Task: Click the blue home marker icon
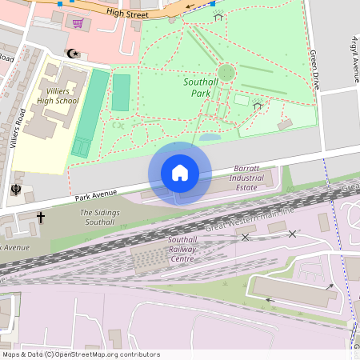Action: tap(180, 173)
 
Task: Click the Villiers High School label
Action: tap(57, 95)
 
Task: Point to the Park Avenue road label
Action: tap(97, 193)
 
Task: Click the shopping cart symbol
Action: tap(78, 23)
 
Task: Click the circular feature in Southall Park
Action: tap(226, 73)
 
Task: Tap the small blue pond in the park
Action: tap(209, 138)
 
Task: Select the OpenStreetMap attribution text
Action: tap(80, 354)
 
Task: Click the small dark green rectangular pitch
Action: tap(121, 92)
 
